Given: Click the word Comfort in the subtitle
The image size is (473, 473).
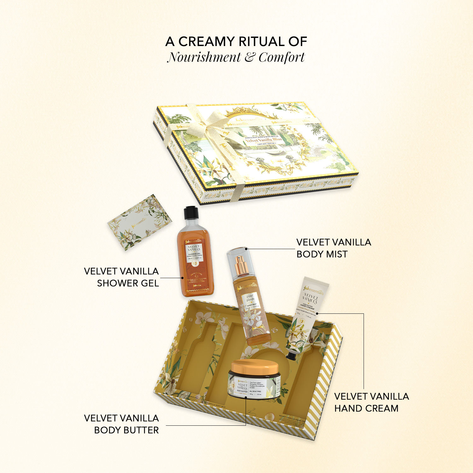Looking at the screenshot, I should tap(282, 57).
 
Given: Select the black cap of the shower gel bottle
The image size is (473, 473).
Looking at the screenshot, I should tap(191, 212).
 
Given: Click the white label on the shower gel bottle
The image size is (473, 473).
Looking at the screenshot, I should tap(194, 252).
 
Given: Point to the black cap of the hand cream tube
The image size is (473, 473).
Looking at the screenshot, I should tap(291, 356).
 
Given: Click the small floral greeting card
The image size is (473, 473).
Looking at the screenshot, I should tap(139, 222).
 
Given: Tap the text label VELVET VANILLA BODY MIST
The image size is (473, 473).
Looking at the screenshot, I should tap(334, 248).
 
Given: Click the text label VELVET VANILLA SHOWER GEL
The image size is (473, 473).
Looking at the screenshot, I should tap(122, 277).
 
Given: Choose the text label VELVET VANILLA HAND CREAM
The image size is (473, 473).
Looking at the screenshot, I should tap(371, 402).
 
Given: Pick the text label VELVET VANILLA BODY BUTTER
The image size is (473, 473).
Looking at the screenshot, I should tap(122, 424).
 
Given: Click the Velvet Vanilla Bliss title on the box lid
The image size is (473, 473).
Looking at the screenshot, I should tap(264, 140).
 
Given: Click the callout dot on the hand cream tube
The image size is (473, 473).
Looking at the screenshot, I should tap(317, 313).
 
